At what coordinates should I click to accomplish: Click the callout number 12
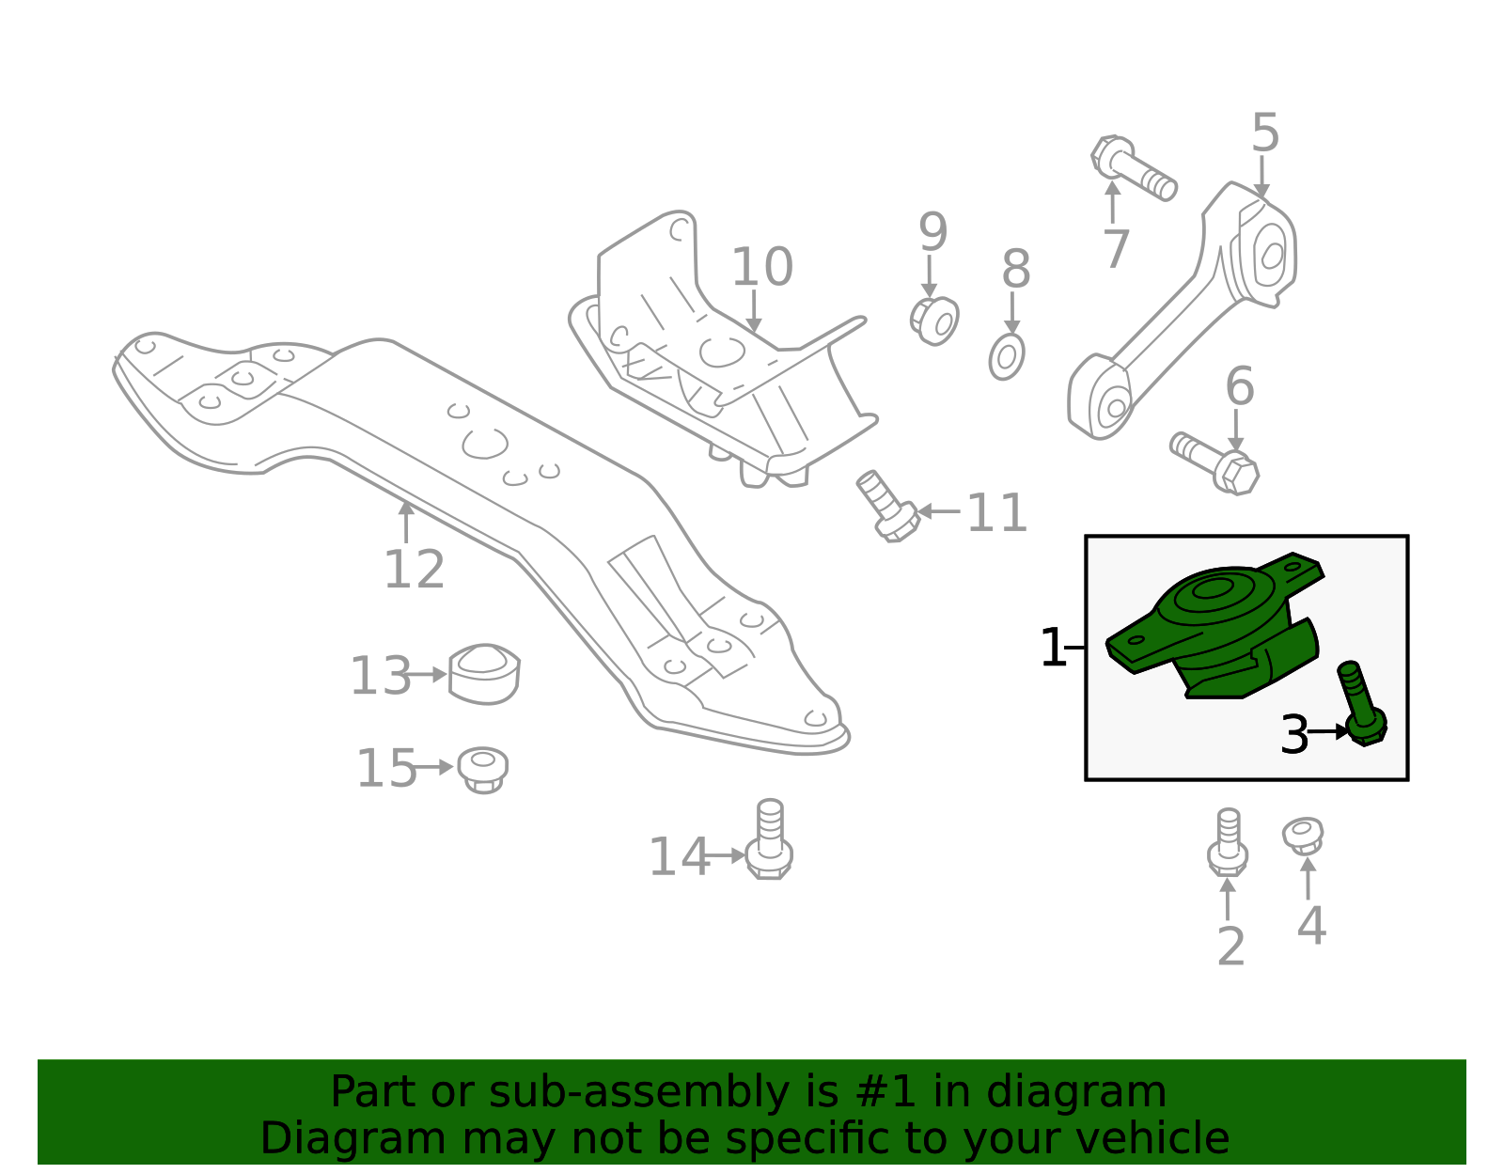tap(414, 570)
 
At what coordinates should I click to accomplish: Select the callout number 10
tap(761, 268)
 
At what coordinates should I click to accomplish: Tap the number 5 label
tap(1265, 133)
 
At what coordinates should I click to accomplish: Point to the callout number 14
tap(679, 857)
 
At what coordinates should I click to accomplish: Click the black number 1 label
tap(1053, 649)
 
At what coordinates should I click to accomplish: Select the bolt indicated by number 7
tap(1133, 169)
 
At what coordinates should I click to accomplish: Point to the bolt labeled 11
tap(886, 508)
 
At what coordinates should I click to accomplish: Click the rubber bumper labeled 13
tap(484, 673)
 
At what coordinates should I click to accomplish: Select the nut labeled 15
tap(483, 769)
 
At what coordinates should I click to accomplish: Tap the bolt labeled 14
tap(769, 841)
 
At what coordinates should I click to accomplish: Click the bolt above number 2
tap(1228, 841)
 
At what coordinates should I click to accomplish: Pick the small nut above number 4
tap(1304, 835)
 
